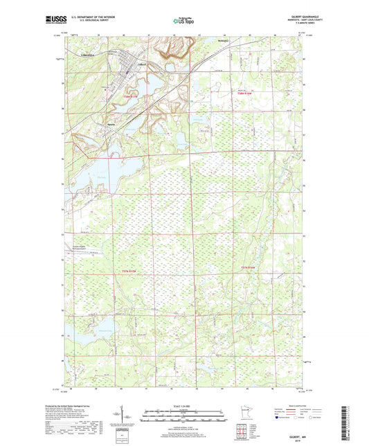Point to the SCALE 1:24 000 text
[x=184, y=407]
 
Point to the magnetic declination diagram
[x=124, y=416]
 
